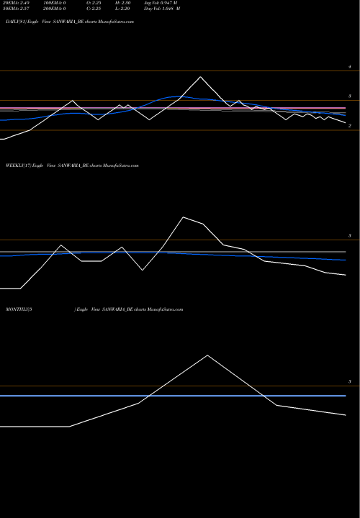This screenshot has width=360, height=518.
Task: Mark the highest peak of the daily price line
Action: point(200,77)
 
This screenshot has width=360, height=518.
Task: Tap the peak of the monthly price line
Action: point(208,355)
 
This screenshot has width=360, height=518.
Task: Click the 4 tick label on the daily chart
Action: point(349,67)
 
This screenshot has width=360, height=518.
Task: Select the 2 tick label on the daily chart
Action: point(349,126)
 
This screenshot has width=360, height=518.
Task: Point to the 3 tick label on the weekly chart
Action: point(349,236)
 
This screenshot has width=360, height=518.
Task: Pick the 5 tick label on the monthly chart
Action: point(349,381)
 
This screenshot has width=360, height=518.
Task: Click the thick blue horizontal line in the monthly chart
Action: point(173,396)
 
